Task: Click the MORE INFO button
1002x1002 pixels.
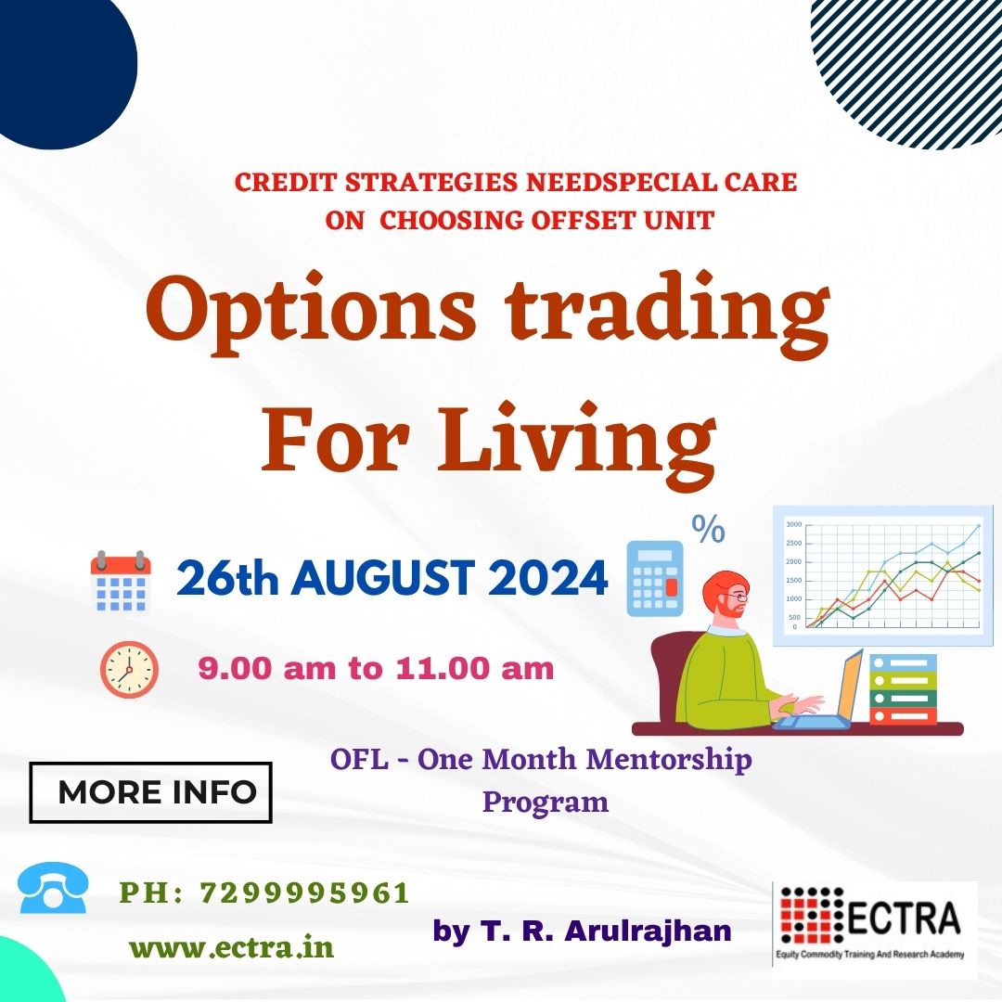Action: point(151,792)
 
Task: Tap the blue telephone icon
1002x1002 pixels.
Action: point(53,888)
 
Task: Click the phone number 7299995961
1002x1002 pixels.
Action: point(305,893)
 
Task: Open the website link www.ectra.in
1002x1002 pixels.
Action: point(232,947)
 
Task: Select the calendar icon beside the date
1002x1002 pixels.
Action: point(121,581)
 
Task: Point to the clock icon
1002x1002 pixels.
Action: point(129,669)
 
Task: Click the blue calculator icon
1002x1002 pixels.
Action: point(654,578)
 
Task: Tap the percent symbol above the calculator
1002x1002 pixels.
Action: point(708,529)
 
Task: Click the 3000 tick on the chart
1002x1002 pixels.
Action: point(793,524)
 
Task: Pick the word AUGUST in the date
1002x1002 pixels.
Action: point(384,578)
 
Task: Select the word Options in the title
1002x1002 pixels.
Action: point(311,309)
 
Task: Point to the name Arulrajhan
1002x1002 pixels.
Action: point(649,931)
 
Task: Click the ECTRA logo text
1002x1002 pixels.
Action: point(904,918)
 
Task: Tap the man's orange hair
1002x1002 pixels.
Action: point(724,589)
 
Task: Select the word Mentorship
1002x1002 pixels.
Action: point(668,761)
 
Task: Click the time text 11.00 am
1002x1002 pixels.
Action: point(474,669)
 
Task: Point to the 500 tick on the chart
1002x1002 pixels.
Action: point(794,617)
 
